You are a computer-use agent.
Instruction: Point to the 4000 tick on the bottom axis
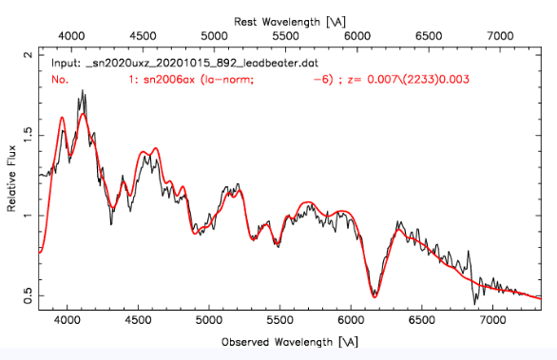tap(67, 321)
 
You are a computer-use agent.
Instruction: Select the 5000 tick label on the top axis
tap(215, 35)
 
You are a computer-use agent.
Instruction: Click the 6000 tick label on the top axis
tap(357, 35)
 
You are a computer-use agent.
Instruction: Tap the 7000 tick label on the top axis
tap(500, 35)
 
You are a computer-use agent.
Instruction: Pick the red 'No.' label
tap(60, 80)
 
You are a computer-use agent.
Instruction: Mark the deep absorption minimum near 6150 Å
tap(374, 295)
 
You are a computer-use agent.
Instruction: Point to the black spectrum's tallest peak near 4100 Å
tap(84, 91)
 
